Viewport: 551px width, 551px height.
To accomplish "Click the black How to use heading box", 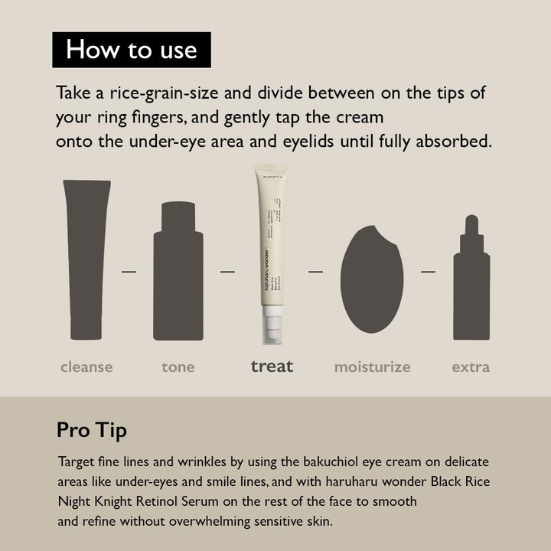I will pos(132,50).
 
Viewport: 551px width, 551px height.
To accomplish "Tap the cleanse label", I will pos(86,367).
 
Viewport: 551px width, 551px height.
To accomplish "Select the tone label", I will pos(178,367).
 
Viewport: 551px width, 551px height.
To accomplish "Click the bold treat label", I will pos(272,367).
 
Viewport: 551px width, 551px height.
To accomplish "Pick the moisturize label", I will pos(372,367).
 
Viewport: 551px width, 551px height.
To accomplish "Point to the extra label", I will pos(471,367).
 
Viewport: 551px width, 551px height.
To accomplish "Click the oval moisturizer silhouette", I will pos(371,279).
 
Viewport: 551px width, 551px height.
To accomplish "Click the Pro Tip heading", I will pos(92,430).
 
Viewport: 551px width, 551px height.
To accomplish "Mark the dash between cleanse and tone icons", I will pos(129,271).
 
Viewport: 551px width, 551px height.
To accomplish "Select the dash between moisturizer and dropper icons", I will pos(428,271).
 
